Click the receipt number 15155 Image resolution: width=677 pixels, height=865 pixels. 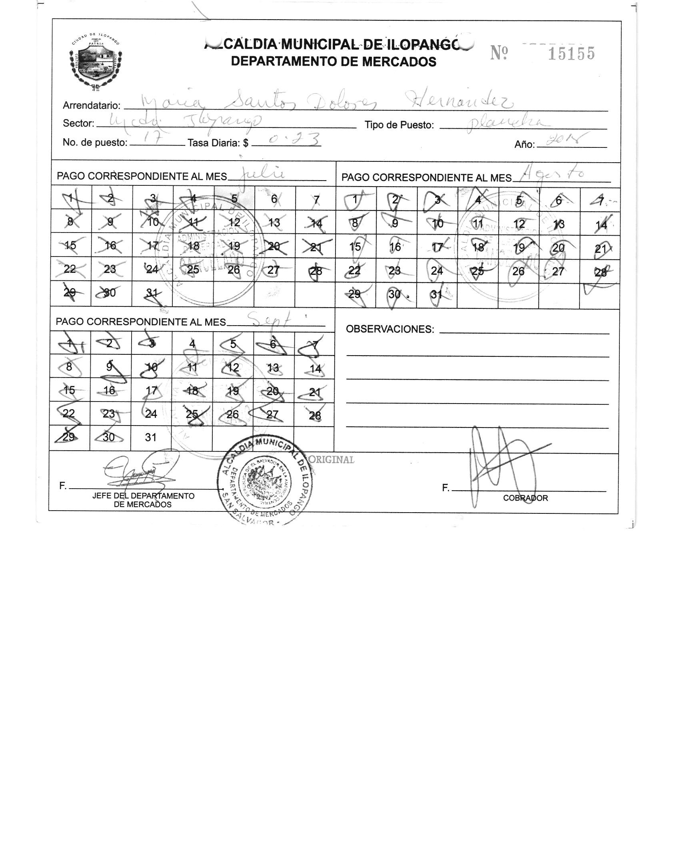point(571,54)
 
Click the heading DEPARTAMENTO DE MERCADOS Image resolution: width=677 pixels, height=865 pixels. point(334,62)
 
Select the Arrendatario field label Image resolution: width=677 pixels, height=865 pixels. point(92,105)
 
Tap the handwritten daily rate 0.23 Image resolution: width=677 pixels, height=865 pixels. point(295,139)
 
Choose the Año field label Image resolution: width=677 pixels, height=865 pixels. point(524,145)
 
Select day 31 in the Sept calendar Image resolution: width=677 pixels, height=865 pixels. point(150,437)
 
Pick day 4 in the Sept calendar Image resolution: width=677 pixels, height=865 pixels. point(192,344)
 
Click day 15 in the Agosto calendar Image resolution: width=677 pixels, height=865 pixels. point(355,247)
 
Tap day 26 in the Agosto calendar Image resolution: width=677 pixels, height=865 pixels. point(518,271)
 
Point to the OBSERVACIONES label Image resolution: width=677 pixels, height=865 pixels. point(389,329)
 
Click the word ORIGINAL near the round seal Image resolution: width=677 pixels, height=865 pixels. point(332,459)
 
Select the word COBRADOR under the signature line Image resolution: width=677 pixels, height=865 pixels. point(525,498)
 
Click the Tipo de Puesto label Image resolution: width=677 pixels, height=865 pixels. point(399,125)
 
